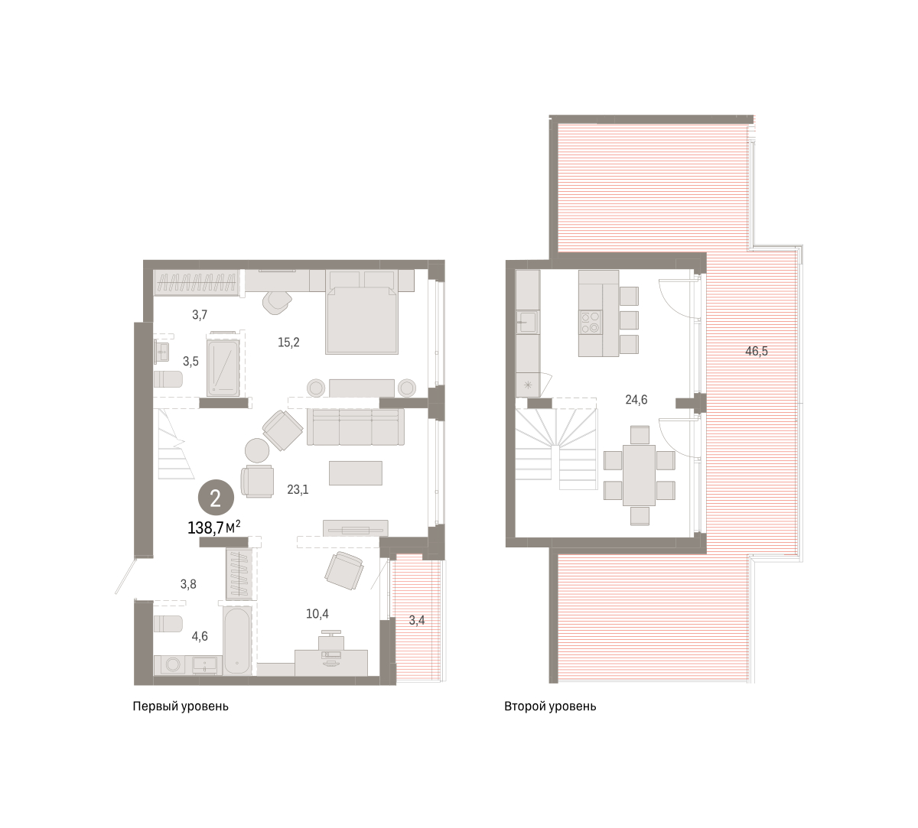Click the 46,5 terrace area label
tap(756, 352)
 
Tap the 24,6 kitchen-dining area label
tap(636, 400)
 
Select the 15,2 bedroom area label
tap(288, 343)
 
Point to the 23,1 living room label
tap(298, 489)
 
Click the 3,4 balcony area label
tap(416, 620)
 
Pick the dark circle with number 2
tap(216, 498)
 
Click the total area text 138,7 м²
tap(213, 528)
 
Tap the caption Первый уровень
tap(181, 706)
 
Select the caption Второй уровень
tap(550, 706)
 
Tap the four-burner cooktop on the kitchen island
tap(591, 323)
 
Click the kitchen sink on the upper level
tap(528, 322)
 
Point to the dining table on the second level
tap(639, 476)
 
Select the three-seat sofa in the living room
tap(356, 427)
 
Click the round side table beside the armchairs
tap(257, 450)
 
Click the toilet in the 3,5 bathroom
tap(168, 379)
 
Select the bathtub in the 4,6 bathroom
tap(237, 641)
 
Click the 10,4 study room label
tap(317, 614)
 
